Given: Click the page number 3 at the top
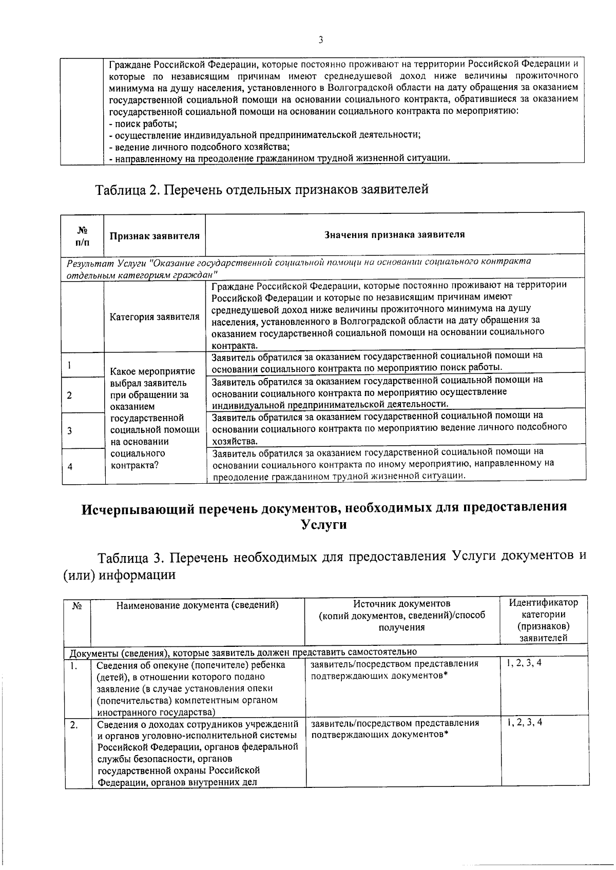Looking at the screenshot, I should click(x=320, y=40).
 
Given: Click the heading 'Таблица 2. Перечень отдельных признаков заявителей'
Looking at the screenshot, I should click(x=261, y=190).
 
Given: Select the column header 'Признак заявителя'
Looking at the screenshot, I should click(x=154, y=236).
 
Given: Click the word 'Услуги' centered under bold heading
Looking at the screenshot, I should click(x=323, y=525).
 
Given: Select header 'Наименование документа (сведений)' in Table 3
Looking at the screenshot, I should click(x=197, y=605).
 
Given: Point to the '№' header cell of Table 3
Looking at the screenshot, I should click(x=77, y=606).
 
